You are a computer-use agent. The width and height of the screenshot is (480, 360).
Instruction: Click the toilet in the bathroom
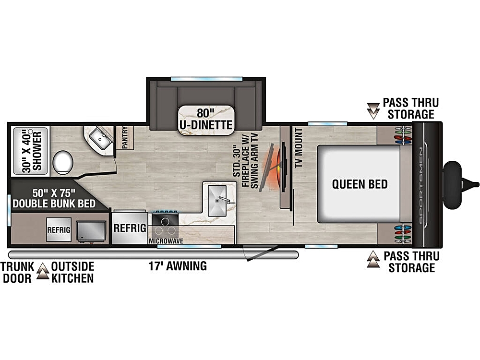[63, 162]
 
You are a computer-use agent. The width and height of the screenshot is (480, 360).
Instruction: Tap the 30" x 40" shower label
[32, 152]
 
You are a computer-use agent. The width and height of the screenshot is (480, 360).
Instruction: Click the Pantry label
[125, 138]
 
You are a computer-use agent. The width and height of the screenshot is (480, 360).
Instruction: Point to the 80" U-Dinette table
[206, 120]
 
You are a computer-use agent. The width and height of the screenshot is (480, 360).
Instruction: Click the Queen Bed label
[360, 184]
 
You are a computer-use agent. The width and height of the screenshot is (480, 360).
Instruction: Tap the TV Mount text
[299, 147]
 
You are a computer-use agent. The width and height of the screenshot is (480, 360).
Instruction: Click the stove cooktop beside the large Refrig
[165, 220]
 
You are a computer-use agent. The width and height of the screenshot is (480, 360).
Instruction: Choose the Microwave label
[166, 241]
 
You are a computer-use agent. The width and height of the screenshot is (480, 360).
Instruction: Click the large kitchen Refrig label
[130, 228]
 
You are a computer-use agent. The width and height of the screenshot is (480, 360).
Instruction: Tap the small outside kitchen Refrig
[59, 229]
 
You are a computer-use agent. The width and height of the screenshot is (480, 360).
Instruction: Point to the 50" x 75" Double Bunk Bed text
[54, 198]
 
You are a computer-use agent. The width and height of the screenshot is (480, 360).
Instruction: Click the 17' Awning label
[178, 266]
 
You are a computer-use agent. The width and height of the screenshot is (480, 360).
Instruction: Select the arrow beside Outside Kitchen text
[43, 271]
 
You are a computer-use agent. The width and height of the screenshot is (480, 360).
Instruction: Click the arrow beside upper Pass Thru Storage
[373, 110]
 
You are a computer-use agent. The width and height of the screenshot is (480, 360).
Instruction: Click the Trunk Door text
[17, 272]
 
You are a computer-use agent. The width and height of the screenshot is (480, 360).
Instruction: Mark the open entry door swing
[260, 253]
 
